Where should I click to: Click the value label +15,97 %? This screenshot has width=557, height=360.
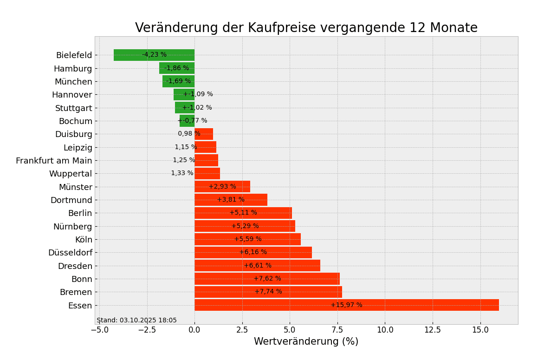click(x=346, y=305)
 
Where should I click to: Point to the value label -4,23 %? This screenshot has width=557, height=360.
click(x=154, y=55)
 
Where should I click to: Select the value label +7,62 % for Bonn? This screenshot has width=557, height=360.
click(x=267, y=279)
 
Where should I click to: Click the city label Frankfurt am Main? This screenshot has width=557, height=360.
click(x=54, y=161)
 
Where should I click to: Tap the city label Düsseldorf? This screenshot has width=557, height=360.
click(x=70, y=253)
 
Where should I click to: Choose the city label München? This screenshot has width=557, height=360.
click(x=73, y=82)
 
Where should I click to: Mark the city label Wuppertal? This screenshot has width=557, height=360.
click(x=71, y=174)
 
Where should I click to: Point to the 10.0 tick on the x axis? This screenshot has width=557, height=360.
click(x=385, y=330)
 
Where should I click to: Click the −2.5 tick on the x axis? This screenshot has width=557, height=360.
click(x=147, y=330)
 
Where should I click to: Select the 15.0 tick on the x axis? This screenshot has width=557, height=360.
click(x=480, y=330)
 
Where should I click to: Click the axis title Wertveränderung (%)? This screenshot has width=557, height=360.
click(x=306, y=342)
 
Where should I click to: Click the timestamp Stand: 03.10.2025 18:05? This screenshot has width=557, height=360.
click(x=136, y=321)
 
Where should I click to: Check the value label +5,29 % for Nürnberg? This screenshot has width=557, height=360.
click(x=245, y=226)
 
